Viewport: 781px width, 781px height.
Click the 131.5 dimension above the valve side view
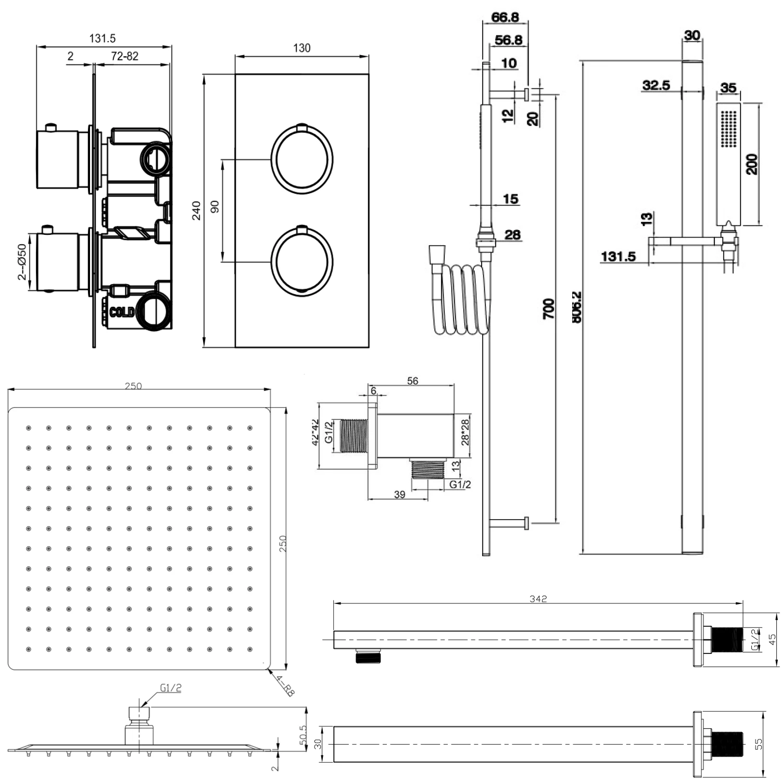point(103,39)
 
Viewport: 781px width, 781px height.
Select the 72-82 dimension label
point(125,56)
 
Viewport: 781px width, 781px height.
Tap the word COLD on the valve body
point(122,312)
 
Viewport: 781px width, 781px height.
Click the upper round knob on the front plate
point(301,159)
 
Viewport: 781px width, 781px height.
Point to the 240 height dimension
point(196,210)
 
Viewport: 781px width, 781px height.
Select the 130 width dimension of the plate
point(301,48)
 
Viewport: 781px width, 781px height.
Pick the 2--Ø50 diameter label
point(22,262)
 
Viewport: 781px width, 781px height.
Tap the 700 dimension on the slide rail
point(548,308)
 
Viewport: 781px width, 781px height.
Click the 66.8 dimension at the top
point(505,17)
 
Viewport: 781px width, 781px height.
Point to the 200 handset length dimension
point(752,164)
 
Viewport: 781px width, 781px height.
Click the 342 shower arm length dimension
point(538,599)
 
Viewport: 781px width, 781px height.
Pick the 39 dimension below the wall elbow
point(399,494)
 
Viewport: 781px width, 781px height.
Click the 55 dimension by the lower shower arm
point(759,744)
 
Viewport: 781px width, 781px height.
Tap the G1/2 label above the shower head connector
point(171,688)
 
